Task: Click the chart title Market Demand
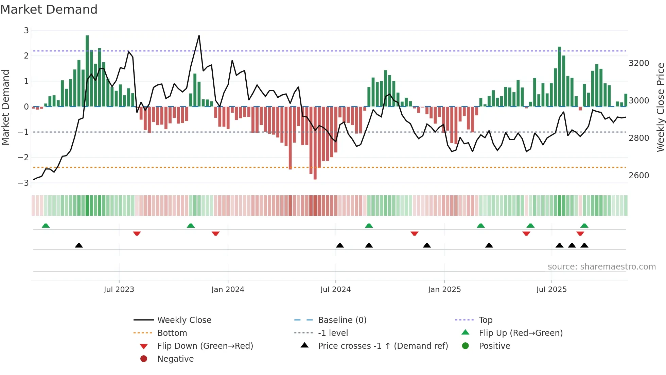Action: coord(49,10)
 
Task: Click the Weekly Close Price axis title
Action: coord(660,107)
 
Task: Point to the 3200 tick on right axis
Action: coord(639,63)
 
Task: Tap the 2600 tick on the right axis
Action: coord(639,176)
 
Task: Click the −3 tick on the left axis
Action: coord(23,183)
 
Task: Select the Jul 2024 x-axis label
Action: coord(335,290)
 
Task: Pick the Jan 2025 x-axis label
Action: coord(444,290)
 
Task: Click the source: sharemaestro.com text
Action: coord(601,267)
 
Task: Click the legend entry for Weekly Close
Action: coord(184,320)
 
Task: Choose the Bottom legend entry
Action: coord(172,333)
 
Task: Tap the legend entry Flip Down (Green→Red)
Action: coord(205,346)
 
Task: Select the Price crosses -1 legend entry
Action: coord(383,346)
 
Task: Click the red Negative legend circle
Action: coord(144,359)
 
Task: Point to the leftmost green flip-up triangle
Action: coord(46,226)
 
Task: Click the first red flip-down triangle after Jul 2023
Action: coord(137,233)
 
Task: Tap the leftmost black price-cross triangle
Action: coord(79,245)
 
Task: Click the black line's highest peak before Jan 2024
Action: coord(199,36)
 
